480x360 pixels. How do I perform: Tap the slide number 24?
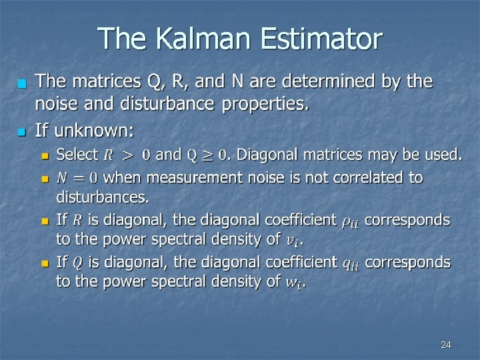click(446, 345)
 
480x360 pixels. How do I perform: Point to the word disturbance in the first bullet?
click(174, 104)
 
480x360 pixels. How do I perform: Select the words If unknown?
click(84, 127)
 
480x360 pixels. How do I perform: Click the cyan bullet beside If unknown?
click(21, 129)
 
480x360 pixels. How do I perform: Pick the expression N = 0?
click(77, 178)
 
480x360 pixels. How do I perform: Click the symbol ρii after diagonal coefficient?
click(350, 221)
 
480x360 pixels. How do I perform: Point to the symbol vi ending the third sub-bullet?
click(292, 239)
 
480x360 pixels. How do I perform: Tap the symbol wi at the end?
click(293, 283)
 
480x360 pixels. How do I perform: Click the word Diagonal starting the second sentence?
click(265, 155)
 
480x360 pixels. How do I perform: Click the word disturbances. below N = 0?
click(103, 197)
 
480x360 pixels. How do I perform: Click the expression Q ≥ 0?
click(207, 155)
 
